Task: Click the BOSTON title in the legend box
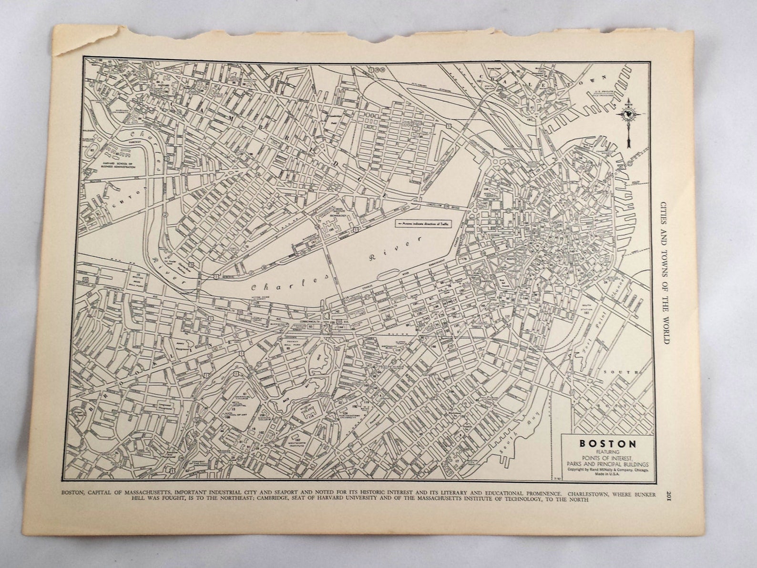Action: point(607,443)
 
